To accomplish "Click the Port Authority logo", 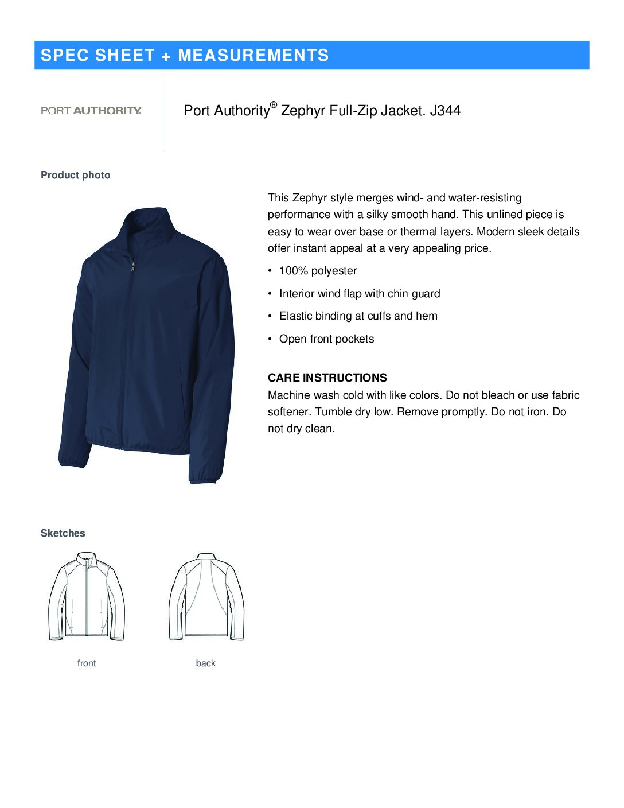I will click(91, 111).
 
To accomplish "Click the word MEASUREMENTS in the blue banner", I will click(253, 55).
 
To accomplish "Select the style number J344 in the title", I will click(445, 111).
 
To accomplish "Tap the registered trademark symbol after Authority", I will click(274, 104).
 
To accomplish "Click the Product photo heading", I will click(76, 175).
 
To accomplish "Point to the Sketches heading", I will click(63, 533).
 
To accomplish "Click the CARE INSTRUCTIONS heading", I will click(327, 378).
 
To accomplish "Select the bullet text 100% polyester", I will click(318, 271).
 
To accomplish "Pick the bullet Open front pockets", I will click(326, 339).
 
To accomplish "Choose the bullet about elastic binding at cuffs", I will click(358, 316).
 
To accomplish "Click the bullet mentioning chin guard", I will click(360, 294).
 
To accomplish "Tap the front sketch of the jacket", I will click(87, 596).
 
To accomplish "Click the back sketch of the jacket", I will click(206, 596).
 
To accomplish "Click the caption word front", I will click(87, 663).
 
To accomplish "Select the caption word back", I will click(206, 663).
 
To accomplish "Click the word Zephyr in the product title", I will click(303, 111).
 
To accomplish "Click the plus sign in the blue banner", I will click(166, 56).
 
